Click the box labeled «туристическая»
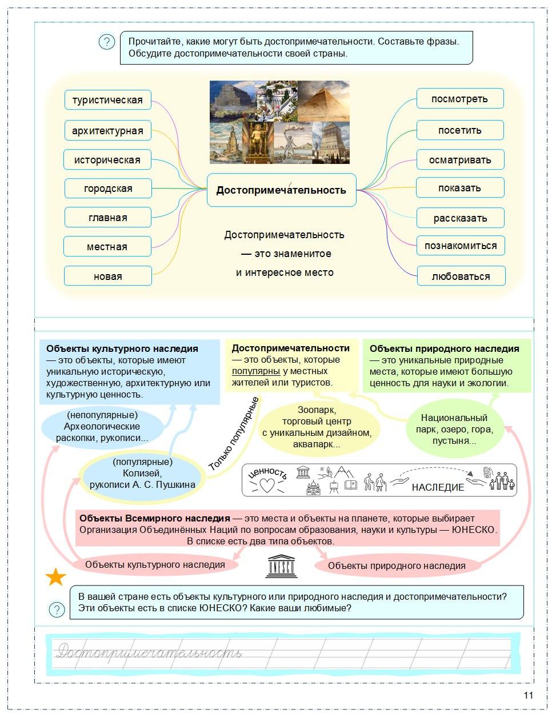coord(107,100)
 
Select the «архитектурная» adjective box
coord(107,131)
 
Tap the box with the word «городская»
coord(107,188)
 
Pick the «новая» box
coord(107,276)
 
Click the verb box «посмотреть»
coord(459,99)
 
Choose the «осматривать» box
coord(460,160)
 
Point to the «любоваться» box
coord(461,276)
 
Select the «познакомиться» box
coord(461,246)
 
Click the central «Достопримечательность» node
coord(281,190)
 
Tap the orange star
coord(55,577)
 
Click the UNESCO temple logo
coord(281,565)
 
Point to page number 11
coord(528,695)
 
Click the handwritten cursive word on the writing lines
coord(149,652)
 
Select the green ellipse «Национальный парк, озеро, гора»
coord(454,429)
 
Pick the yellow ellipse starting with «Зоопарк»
coord(317,427)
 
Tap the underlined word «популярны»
coord(255,371)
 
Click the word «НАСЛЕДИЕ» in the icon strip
coord(438,487)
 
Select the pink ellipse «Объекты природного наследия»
coord(397,565)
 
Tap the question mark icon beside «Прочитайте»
coord(107,42)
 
